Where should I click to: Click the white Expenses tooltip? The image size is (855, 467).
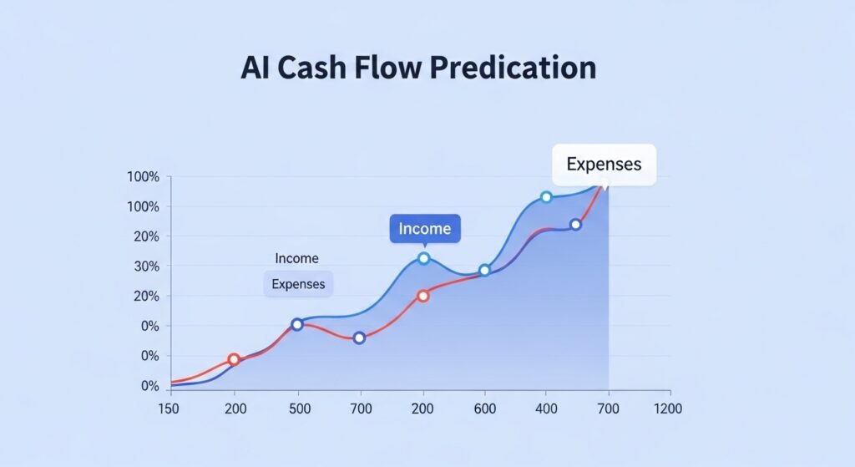click(604, 164)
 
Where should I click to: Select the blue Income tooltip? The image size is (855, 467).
click(424, 228)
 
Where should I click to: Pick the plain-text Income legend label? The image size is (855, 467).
click(296, 259)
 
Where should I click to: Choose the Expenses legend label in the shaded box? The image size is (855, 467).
click(298, 284)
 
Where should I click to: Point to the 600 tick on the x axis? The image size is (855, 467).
click(484, 409)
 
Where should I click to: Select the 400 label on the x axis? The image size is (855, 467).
click(546, 409)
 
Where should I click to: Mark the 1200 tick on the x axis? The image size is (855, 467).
click(668, 409)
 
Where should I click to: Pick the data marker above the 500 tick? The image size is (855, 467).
click(297, 324)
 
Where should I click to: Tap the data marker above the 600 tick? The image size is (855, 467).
click(484, 271)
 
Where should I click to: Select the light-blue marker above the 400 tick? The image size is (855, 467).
click(546, 197)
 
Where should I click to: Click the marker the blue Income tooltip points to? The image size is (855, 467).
click(423, 258)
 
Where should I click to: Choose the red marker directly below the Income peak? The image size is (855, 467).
click(423, 296)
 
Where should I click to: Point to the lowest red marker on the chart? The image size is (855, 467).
click(234, 359)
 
